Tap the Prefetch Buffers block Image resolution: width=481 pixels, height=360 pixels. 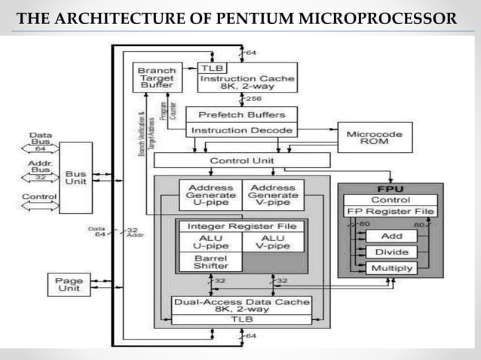[241, 115]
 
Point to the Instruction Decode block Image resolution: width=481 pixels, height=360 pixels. [241, 130]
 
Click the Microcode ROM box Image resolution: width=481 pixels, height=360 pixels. [374, 139]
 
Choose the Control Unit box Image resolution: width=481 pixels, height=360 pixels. [241, 160]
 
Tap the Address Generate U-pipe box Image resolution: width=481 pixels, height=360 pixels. [208, 195]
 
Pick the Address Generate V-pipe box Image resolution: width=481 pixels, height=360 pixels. [272, 195]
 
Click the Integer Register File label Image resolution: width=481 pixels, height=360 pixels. [240, 226]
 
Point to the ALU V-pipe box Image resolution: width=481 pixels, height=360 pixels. [272, 242]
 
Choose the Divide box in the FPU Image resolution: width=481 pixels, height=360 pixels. [391, 252]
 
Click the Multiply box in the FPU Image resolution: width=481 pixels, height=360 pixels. [391, 268]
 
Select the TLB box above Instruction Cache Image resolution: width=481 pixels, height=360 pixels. [212, 68]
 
